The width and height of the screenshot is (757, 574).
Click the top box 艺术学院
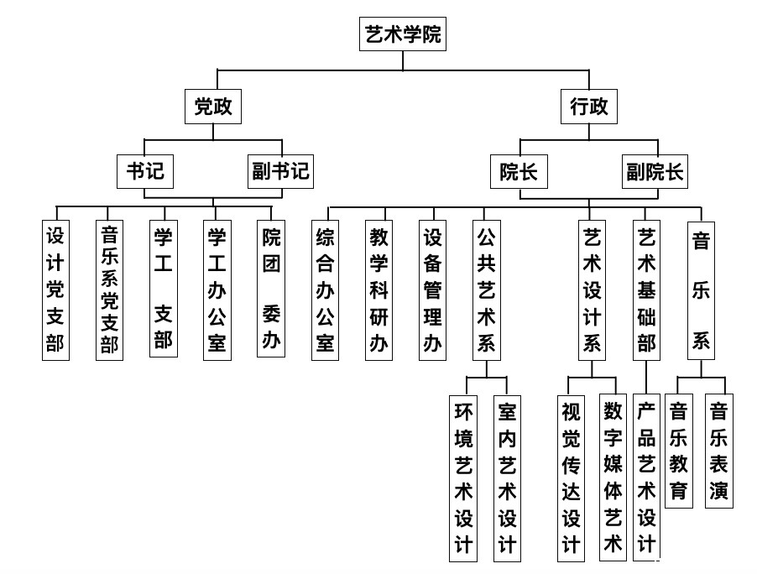(403, 34)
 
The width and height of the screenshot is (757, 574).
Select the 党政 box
(213, 107)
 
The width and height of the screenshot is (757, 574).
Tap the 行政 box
(589, 107)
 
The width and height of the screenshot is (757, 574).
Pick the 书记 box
(145, 171)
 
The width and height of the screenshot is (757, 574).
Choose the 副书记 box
(280, 171)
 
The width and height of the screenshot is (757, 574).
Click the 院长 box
(519, 171)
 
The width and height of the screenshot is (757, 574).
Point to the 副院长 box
(655, 171)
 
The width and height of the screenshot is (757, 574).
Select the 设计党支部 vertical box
(56, 290)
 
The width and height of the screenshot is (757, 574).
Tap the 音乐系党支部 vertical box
(110, 290)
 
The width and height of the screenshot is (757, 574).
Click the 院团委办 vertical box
(271, 289)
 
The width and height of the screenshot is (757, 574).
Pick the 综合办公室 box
(326, 290)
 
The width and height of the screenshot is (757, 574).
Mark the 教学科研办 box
(379, 290)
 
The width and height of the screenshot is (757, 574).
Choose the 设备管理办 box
(432, 290)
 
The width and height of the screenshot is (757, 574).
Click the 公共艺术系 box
(487, 290)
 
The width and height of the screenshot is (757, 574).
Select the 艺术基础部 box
(646, 290)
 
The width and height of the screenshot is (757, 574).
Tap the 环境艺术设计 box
(463, 478)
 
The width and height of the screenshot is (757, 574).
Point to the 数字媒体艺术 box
(613, 477)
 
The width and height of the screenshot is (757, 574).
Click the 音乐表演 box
(719, 451)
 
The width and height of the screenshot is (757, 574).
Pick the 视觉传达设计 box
(572, 478)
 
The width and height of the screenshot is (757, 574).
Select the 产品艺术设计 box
(646, 477)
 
